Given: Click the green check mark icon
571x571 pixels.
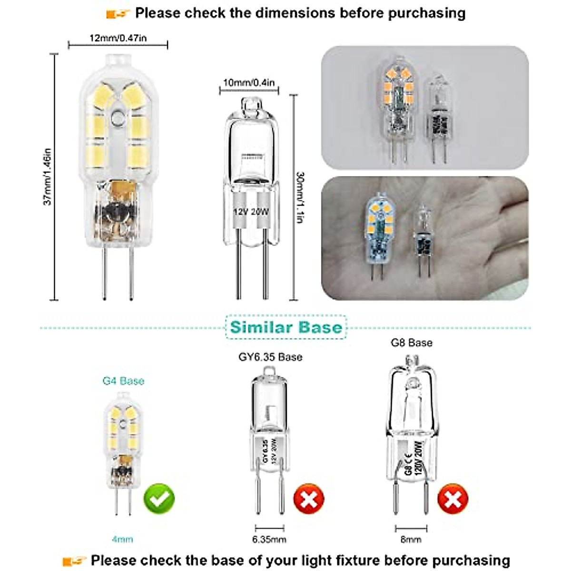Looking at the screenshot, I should coord(159,498).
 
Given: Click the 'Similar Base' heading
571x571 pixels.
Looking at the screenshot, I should coord(286,327).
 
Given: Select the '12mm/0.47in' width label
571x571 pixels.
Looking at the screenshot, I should coord(118,38).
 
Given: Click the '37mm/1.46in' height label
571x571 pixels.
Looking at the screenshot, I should coord(48,177).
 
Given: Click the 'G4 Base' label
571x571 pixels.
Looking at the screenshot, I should coord(123,381).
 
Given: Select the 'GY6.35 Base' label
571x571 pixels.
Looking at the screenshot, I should coord(270,357).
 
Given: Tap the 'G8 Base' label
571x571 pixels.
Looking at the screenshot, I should coord(412,343).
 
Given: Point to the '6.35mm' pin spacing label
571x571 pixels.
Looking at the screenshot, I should coord(269,540).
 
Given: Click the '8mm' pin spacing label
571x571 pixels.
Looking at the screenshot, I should coord(411,540).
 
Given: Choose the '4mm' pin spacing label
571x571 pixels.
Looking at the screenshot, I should coord(122,540).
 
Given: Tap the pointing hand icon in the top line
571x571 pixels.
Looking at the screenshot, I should coord(118,14).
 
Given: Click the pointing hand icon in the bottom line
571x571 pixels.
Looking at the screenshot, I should coord(74,561).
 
